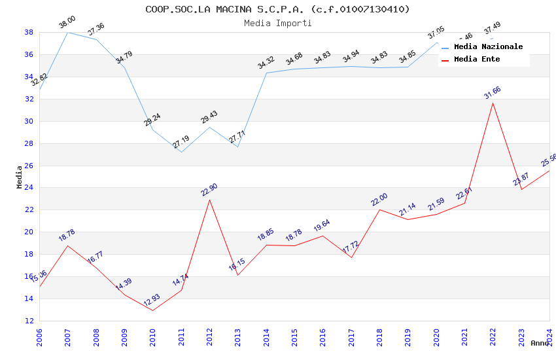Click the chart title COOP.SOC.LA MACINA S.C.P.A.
(x=277, y=9)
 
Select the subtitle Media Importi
(x=277, y=23)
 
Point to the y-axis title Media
(x=20, y=177)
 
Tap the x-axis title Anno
(x=540, y=343)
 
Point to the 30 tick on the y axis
(x=29, y=121)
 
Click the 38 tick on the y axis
(x=29, y=32)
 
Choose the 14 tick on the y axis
(x=29, y=298)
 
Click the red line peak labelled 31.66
(x=493, y=103)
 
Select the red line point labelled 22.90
(x=209, y=200)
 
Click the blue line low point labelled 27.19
(x=181, y=152)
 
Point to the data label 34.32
(x=266, y=63)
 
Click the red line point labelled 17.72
(x=351, y=257)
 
